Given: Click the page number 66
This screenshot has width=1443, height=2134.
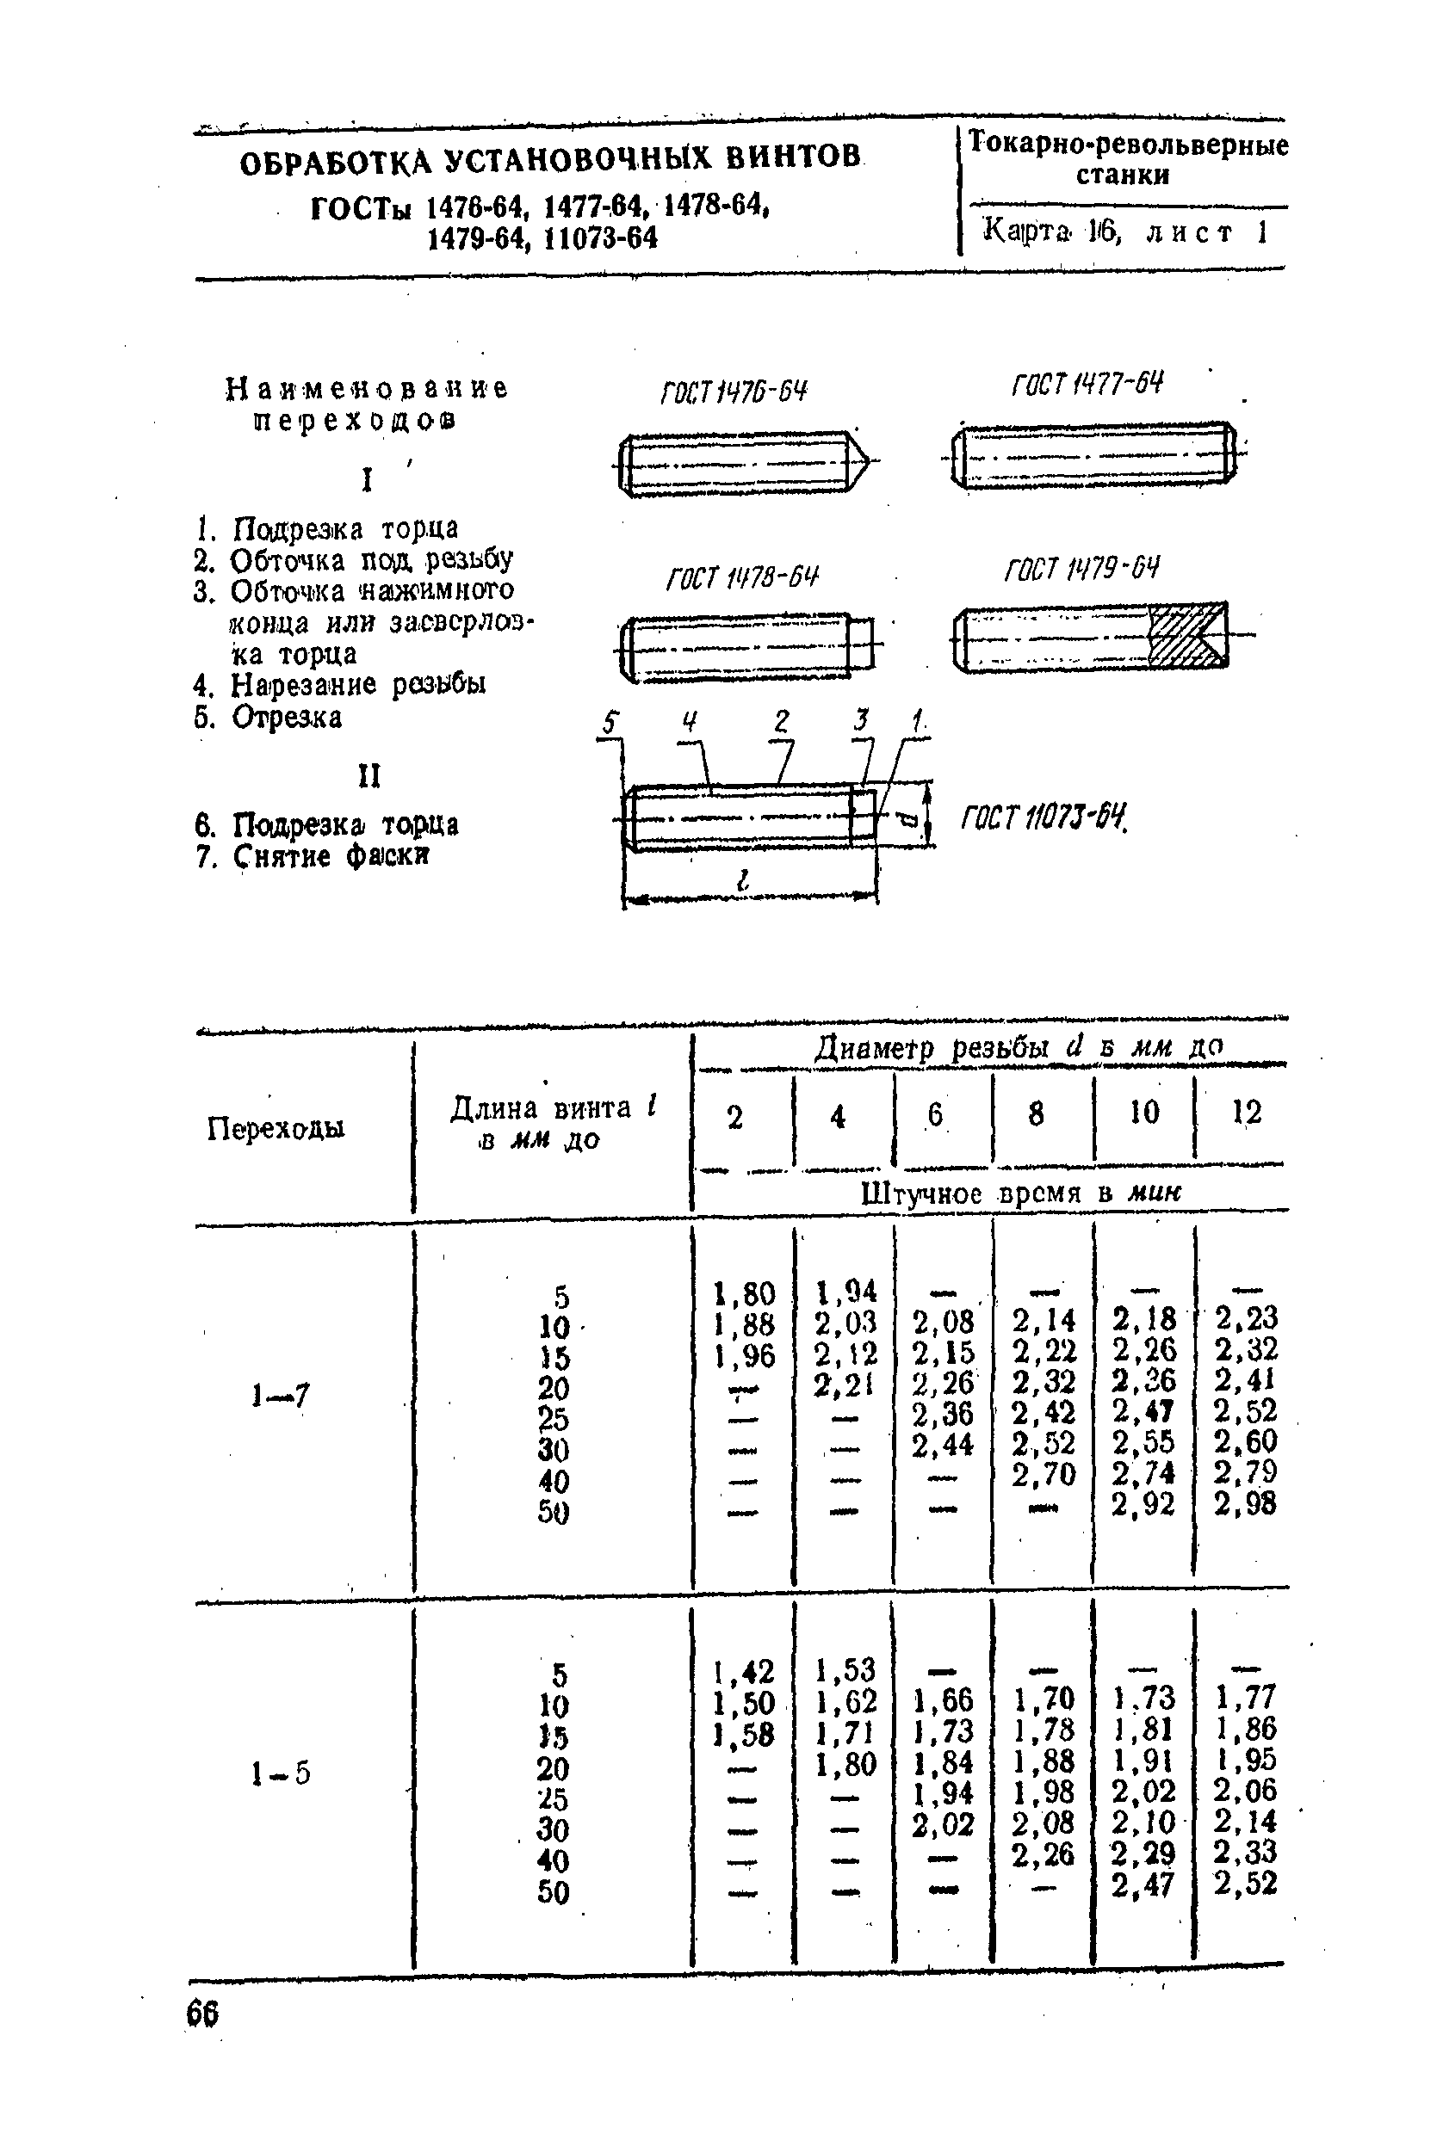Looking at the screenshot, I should click(202, 2013).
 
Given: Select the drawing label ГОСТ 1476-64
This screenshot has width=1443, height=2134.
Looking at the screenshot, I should click(733, 392).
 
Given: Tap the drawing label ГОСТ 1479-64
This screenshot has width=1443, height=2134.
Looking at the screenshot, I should click(1081, 570).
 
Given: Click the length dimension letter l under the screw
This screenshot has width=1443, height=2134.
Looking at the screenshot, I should click(742, 879).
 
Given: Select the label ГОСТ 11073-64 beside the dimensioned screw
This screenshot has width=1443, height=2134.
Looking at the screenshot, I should click(1043, 816).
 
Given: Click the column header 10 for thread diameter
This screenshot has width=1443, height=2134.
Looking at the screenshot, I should click(1143, 1113).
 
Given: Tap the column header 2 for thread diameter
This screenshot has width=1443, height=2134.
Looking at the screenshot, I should click(734, 1118).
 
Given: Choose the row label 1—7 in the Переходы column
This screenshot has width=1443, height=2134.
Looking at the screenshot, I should click(280, 1397).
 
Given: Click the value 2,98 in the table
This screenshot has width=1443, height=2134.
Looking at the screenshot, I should click(1245, 1503).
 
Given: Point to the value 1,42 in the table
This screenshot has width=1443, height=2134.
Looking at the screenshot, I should click(743, 1670).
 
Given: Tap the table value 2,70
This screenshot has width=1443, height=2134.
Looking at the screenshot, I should click(1043, 1474).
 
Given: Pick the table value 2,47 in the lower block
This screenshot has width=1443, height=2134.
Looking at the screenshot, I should click(1143, 1885).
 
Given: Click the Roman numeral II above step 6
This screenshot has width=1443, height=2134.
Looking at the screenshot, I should click(368, 777).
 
